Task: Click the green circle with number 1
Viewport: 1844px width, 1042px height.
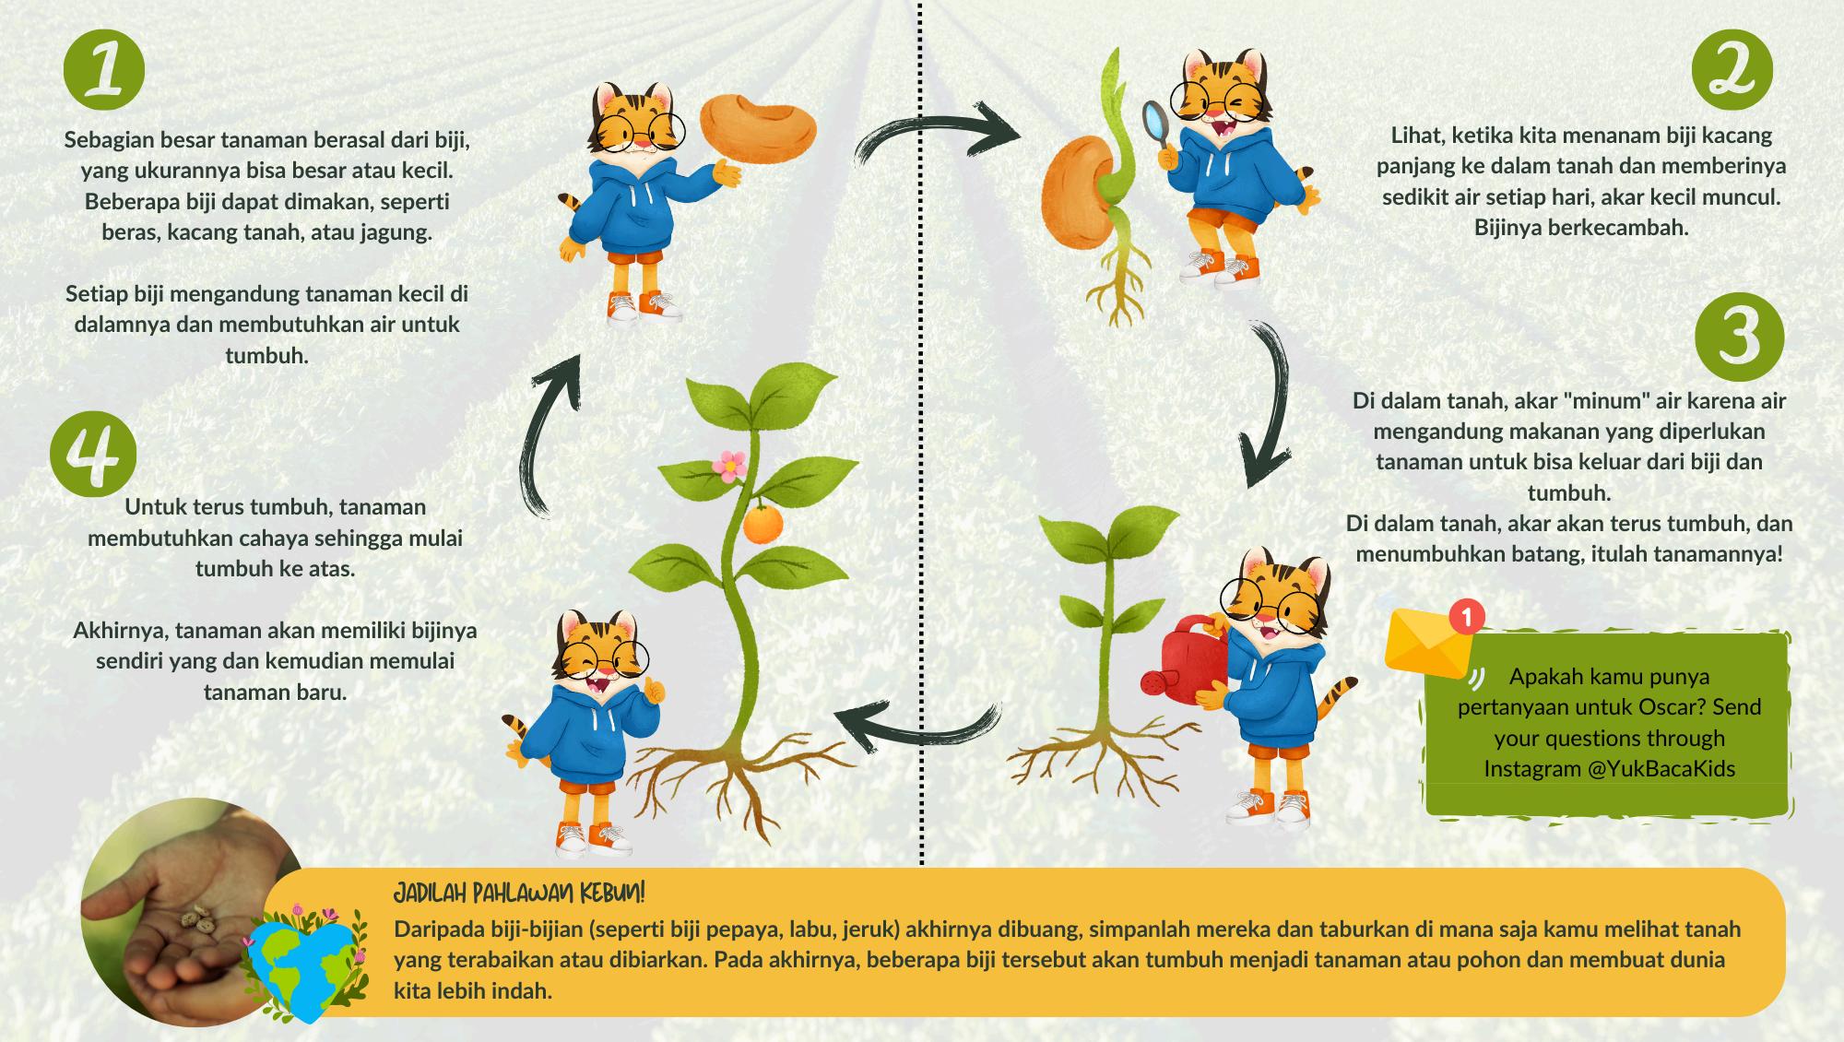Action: (104, 70)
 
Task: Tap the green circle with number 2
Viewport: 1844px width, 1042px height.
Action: (1733, 70)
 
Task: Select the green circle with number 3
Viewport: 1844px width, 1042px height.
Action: (1740, 337)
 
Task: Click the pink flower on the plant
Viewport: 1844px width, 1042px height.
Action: (730, 465)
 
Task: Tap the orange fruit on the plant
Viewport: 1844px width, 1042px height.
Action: (762, 524)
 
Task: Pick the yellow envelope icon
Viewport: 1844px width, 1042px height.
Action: (1427, 642)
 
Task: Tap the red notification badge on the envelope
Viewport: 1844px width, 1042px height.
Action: (1466, 615)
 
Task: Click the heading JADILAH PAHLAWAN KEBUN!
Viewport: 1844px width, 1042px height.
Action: (519, 894)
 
